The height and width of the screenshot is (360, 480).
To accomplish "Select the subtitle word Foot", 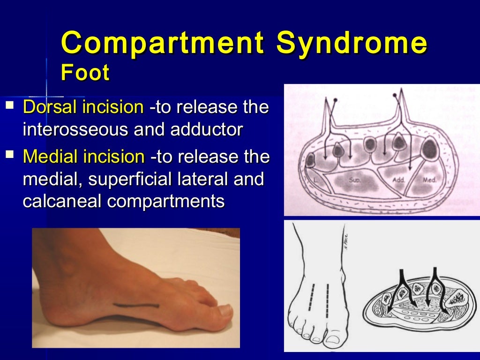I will pos(85,73).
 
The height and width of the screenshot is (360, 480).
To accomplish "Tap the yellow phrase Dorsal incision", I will pos(83,107).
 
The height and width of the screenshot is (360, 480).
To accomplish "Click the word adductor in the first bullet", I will pos(206,130).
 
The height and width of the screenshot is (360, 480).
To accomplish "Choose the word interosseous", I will pos(76,130).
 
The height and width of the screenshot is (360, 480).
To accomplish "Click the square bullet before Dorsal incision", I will pos(10,105).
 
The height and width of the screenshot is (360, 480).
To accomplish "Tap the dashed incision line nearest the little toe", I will pos(310,297).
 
